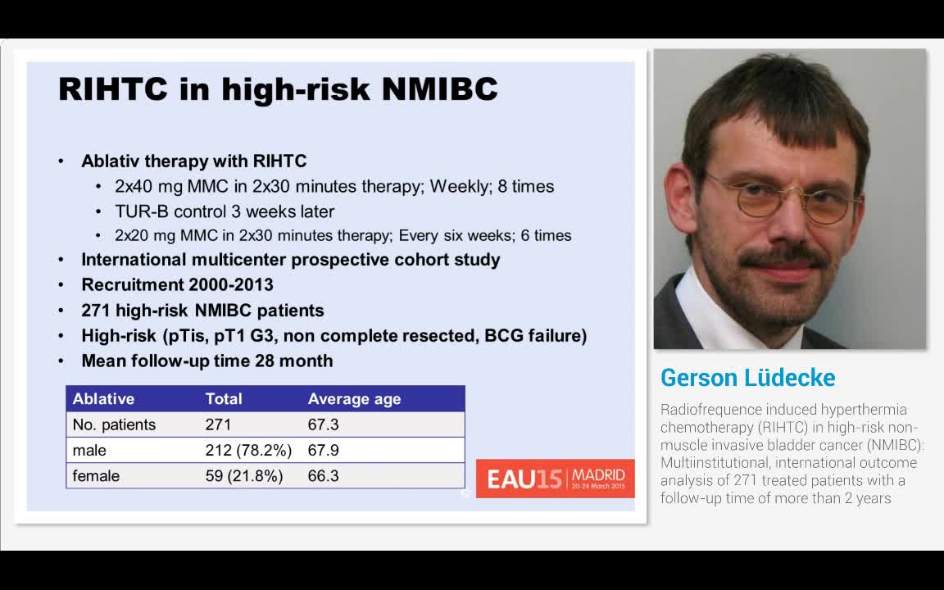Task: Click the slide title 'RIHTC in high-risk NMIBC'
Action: pos(278,89)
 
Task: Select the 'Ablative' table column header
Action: pos(103,399)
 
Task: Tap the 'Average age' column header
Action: pos(354,399)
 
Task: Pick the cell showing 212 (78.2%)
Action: pos(243,450)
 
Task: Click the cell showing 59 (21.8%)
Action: pos(243,475)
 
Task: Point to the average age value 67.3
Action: pos(323,424)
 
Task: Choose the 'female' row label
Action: pos(96,475)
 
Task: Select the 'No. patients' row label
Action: pos(114,424)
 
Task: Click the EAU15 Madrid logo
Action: pos(555,478)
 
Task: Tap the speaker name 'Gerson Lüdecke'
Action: pos(747,378)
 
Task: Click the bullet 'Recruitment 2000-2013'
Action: pos(177,284)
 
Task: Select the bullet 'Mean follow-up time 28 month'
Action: pos(206,361)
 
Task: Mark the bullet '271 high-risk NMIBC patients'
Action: pos(202,311)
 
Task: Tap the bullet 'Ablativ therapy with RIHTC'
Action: pos(193,161)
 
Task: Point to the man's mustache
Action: pos(783,258)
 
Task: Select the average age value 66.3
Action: pos(323,475)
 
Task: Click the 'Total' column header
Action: pos(224,399)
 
